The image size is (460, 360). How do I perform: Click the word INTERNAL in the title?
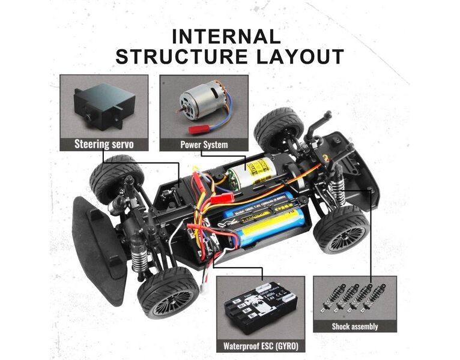pos(226,36)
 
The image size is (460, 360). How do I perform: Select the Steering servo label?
pos(104,144)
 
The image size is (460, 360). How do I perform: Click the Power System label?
pos(203,144)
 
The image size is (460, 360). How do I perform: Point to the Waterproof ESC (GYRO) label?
pos(261,346)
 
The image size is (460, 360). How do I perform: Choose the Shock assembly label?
pos(355,326)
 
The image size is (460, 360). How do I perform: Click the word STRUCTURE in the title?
pos(180,57)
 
